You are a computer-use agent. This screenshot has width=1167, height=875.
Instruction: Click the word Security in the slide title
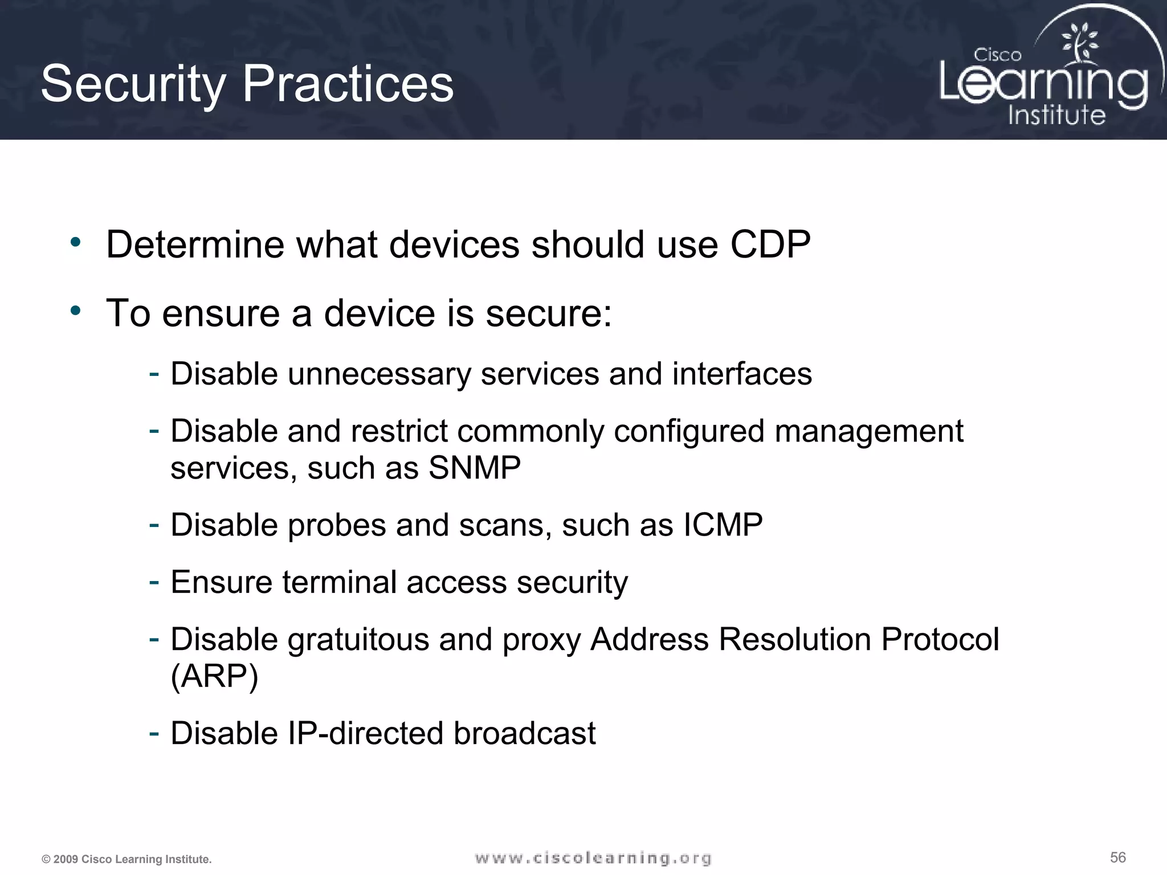[x=133, y=84]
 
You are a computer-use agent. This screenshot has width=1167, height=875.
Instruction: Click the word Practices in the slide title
[x=348, y=84]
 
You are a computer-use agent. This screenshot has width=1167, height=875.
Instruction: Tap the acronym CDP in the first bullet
[x=770, y=245]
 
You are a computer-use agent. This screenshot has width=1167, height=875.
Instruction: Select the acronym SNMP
[x=474, y=468]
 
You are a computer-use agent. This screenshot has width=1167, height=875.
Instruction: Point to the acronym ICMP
[x=723, y=525]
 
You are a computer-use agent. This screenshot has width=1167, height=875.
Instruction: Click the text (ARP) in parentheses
[x=214, y=676]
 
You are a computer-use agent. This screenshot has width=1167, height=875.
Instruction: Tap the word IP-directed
[x=364, y=733]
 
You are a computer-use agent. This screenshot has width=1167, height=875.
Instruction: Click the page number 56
[x=1117, y=857]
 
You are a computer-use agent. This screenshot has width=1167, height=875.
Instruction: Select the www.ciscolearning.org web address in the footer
[x=593, y=858]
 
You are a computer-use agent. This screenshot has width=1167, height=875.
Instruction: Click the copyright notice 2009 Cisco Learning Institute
[x=127, y=859]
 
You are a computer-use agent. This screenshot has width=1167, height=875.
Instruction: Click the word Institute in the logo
[x=1056, y=115]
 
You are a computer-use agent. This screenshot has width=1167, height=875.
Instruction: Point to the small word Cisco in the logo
[x=997, y=55]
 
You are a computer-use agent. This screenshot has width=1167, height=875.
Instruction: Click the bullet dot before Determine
[x=76, y=243]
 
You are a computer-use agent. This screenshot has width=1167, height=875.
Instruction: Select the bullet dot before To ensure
[x=76, y=311]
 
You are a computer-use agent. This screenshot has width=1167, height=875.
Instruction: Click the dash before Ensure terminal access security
[x=153, y=582]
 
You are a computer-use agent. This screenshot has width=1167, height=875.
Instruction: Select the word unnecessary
[x=379, y=374]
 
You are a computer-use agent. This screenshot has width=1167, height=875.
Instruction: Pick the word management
[x=868, y=431]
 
